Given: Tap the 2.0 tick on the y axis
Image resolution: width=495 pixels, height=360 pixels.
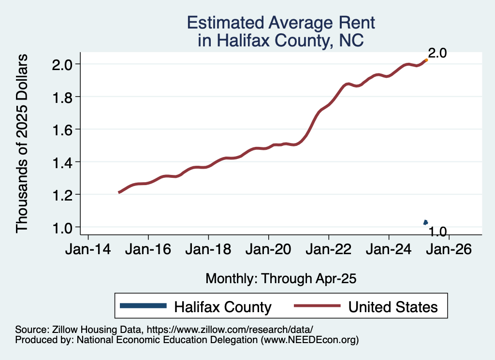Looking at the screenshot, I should click(x=62, y=64).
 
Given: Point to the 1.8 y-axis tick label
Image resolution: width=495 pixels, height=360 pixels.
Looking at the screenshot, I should click(x=62, y=97).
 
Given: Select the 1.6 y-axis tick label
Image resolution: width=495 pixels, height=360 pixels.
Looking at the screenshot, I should click(x=62, y=130).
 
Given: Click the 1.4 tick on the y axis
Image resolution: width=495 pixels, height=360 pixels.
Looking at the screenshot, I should click(x=62, y=162).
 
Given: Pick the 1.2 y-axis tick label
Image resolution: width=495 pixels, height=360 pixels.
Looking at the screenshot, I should click(x=62, y=194).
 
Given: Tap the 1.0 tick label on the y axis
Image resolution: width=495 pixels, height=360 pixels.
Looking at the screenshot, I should click(x=62, y=227).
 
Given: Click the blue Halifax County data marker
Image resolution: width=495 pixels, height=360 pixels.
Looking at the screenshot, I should click(x=425, y=222).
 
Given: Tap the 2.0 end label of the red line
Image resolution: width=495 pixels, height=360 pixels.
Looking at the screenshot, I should click(x=437, y=53).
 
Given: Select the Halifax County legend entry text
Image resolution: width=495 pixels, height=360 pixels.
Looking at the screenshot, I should click(x=223, y=306).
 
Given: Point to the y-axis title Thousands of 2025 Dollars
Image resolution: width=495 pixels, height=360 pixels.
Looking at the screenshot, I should click(x=23, y=144).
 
